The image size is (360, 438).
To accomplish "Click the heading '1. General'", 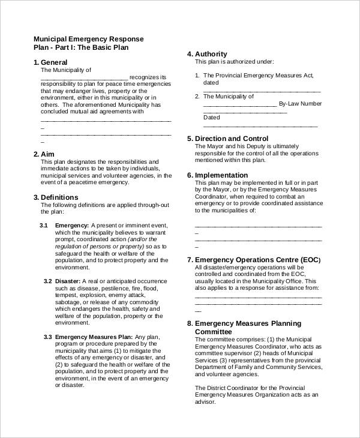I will (x=50, y=62).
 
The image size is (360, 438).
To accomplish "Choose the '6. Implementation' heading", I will (x=217, y=175).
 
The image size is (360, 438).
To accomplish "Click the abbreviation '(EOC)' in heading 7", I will (x=310, y=260).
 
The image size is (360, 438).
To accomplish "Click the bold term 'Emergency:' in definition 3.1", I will (x=72, y=225).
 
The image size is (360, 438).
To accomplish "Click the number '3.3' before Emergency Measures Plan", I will (x=48, y=337).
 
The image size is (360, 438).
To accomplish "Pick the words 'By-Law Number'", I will (x=301, y=103).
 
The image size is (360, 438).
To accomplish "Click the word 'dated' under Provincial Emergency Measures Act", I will (x=211, y=83).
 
